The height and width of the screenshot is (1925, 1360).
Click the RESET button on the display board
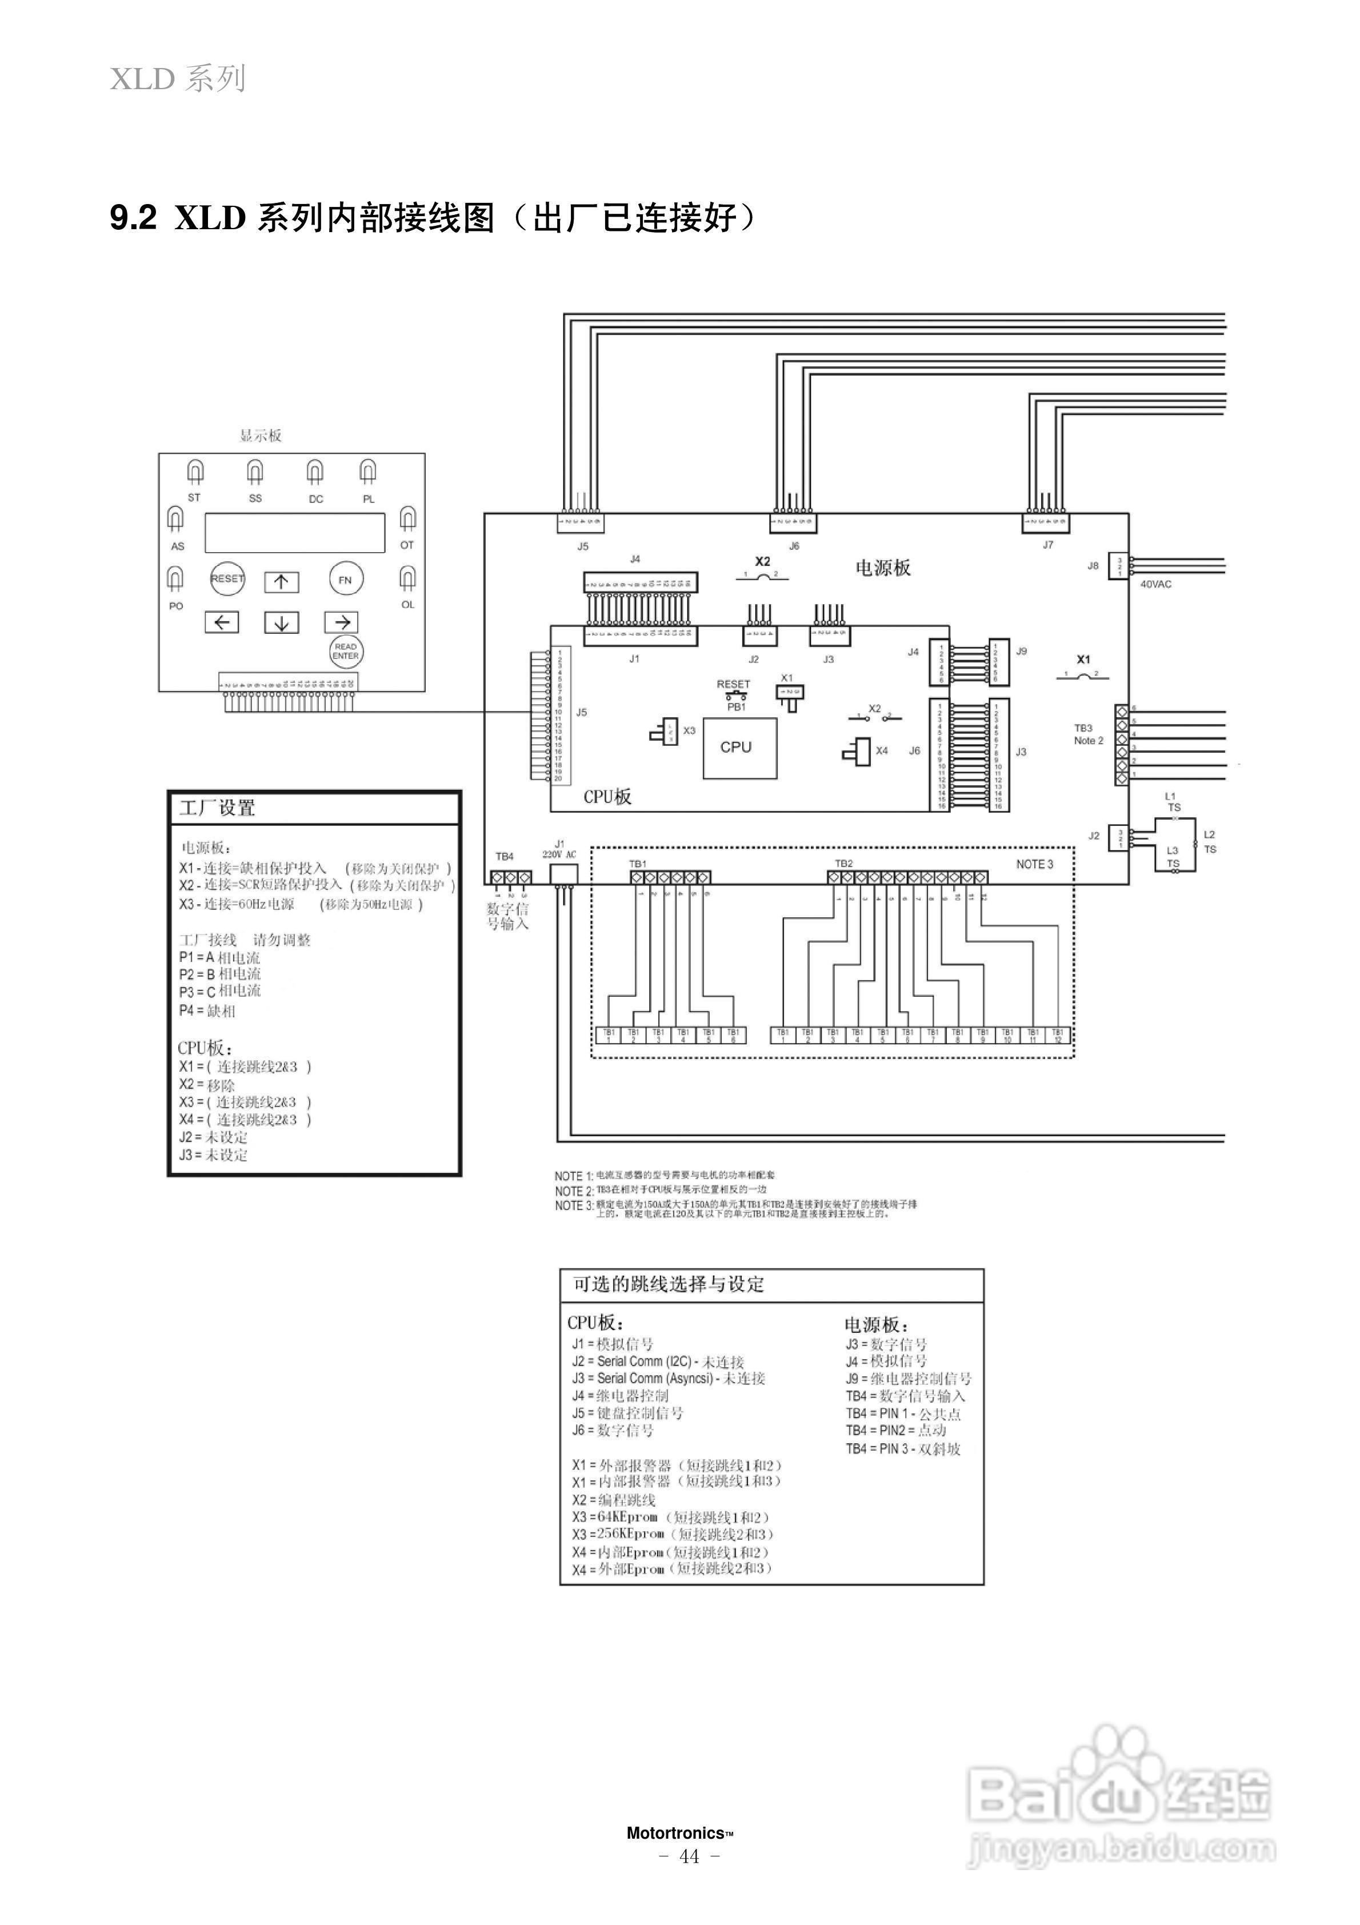coord(227,578)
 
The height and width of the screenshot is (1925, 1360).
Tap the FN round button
coord(346,580)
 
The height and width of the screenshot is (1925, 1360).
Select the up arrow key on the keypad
coord(282,582)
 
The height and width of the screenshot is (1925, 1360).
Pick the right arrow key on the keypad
coord(341,621)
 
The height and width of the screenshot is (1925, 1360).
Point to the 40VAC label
coord(1155,584)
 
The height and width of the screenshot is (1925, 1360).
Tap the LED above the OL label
coord(407,578)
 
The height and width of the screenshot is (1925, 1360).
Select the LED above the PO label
coord(175,578)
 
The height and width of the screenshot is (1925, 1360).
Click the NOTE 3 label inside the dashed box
coord(1035,864)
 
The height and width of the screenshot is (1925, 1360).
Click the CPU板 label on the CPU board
coord(607,797)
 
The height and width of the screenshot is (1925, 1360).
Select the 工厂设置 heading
coord(217,808)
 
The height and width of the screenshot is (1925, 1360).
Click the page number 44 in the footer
coord(689,1856)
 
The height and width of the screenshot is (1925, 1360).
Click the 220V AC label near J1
coord(559,854)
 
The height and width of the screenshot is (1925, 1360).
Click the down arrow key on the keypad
coord(282,622)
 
